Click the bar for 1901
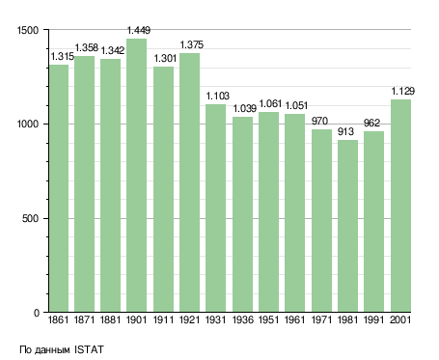[136, 176]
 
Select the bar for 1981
[347, 226]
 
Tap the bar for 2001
[400, 206]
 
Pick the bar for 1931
[215, 208]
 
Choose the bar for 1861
[59, 188]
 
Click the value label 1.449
[139, 30]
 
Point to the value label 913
[345, 131]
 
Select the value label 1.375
[192, 44]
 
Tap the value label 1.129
[402, 91]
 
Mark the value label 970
[319, 121]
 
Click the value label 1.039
[245, 108]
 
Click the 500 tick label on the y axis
[30, 219]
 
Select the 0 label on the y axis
[37, 313]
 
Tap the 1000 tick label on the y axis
[28, 125]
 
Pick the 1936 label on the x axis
[242, 319]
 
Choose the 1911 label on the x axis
[163, 319]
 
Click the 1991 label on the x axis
[374, 319]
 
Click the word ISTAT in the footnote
[89, 349]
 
